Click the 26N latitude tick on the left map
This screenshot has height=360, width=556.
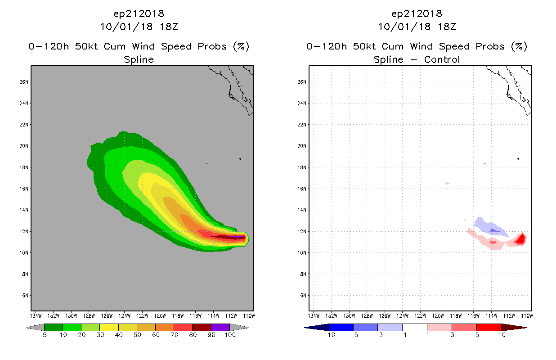click(30, 82)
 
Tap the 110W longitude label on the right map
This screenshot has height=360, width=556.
click(527, 316)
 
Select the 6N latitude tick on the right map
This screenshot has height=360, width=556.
click(308, 296)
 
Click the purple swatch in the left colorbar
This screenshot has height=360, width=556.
click(220, 327)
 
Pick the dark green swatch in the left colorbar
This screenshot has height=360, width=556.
click(54, 327)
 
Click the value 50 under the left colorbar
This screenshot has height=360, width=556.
click(137, 335)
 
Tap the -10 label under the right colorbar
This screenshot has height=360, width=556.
click(329, 335)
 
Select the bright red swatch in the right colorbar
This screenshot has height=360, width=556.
click(489, 327)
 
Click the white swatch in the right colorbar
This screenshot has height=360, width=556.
click(414, 327)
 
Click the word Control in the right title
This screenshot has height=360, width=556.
click(442, 59)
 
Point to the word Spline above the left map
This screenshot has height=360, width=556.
click(139, 59)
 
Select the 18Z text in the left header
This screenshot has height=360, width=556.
click(169, 27)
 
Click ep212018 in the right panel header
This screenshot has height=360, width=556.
click(417, 14)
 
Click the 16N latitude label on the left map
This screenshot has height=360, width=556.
click(24, 189)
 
